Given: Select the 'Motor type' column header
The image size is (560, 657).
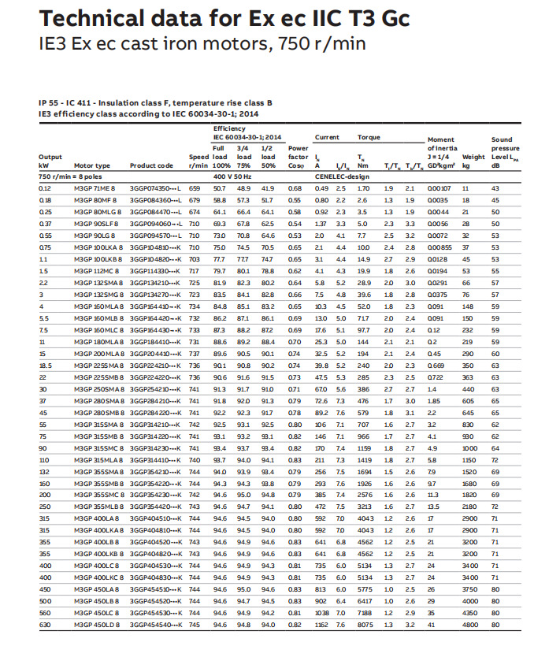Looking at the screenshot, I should coord(91,166).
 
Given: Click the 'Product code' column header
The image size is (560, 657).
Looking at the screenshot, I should coord(151,166).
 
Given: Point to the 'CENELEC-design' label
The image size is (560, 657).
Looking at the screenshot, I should coord(351,177).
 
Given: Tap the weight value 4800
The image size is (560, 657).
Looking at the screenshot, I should coord(469,625).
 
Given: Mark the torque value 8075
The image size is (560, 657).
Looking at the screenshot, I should coord(365,625).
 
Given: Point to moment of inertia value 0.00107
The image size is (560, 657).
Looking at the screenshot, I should coord(439,189).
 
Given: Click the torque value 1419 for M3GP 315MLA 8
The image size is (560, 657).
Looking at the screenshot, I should coord(365,459).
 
